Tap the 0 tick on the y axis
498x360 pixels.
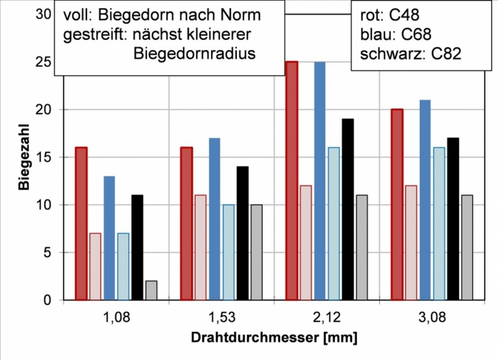[46, 300]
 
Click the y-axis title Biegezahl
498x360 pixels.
[24, 158]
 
